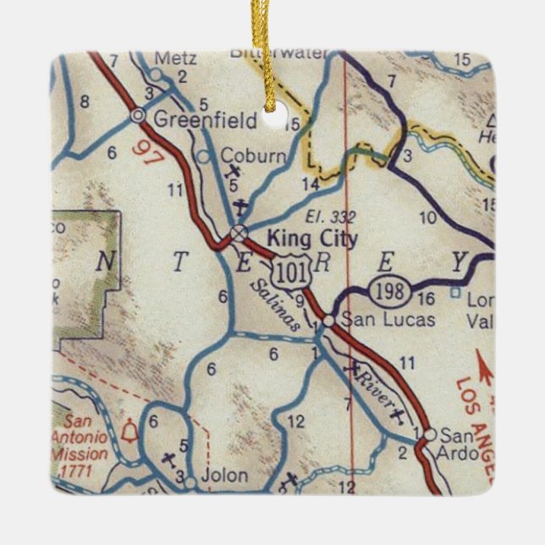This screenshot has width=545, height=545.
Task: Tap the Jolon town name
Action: pos(226,476)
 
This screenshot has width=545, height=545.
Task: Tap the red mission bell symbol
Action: pos(129,432)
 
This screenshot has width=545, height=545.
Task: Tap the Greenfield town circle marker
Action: pos(137,114)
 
